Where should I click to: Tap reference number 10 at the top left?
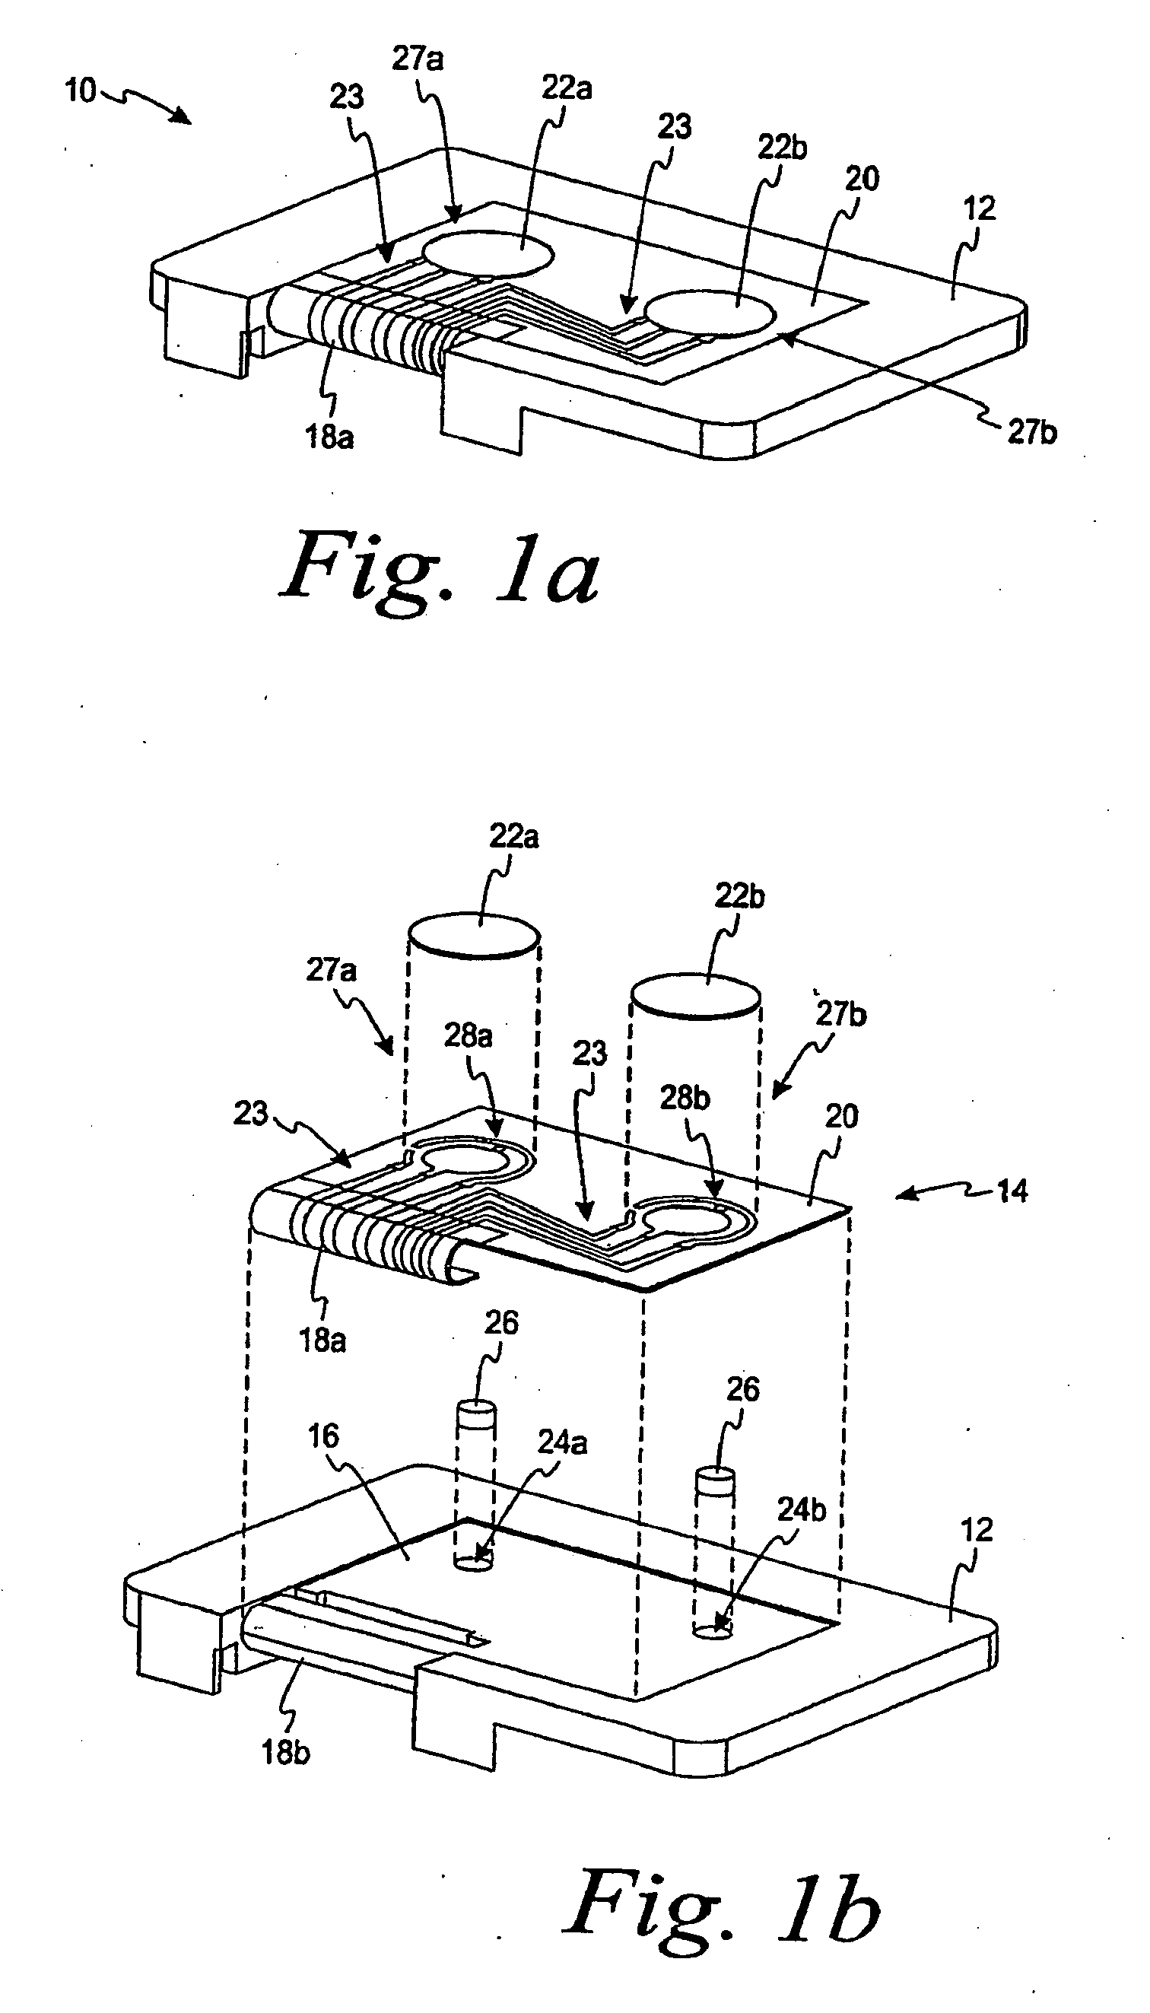coord(80,91)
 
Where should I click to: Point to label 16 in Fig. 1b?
coord(323,1436)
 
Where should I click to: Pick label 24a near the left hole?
coord(562,1442)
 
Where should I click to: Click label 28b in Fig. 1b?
coord(685,1097)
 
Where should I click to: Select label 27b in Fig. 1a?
coord(1031,432)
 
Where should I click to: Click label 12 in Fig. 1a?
coord(980,208)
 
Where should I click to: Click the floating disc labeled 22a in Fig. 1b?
coord(475,937)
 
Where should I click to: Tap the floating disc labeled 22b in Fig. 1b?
coord(697,999)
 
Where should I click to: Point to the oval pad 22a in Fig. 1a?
coord(489,253)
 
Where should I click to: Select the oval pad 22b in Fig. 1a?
coord(710,313)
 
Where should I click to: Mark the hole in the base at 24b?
coord(713,1629)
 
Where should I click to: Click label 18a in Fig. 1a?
coord(329,436)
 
